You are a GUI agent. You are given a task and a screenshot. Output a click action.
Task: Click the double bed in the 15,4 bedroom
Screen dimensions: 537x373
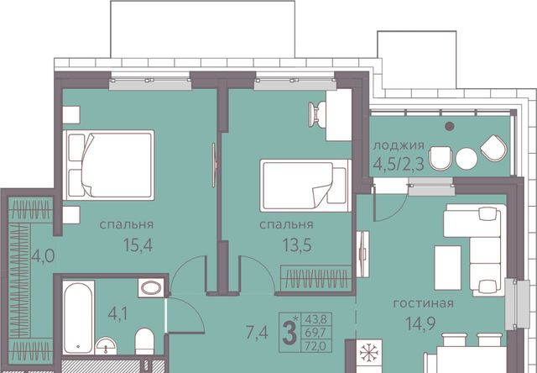(x=108, y=165)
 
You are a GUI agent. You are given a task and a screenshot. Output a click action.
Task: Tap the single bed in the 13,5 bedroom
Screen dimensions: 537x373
(x=305, y=186)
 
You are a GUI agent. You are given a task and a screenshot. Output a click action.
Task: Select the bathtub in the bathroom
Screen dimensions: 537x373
(x=78, y=318)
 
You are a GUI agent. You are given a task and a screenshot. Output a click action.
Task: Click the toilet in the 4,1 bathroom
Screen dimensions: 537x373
(x=144, y=341)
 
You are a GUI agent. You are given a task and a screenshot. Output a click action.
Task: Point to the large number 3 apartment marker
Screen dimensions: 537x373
(x=289, y=334)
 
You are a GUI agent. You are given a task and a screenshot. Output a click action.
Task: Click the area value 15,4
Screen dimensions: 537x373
(x=138, y=245)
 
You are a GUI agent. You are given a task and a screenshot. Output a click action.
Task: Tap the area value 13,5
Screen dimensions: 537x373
(x=297, y=245)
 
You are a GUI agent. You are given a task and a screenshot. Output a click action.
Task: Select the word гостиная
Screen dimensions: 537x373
(x=423, y=303)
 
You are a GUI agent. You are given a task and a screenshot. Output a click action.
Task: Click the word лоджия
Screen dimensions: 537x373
(x=399, y=145)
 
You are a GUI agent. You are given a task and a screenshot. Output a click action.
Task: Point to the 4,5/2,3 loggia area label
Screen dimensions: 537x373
(x=399, y=164)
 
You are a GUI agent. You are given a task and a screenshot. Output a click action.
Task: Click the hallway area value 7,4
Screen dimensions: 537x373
(x=257, y=332)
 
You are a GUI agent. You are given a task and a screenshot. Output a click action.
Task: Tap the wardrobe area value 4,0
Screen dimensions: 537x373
(x=43, y=255)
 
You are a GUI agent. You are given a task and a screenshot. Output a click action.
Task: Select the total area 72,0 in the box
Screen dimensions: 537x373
(x=315, y=346)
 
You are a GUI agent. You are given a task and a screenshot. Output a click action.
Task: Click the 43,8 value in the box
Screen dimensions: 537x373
(x=316, y=319)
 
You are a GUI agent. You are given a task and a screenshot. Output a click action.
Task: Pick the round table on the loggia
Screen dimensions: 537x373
(x=467, y=159)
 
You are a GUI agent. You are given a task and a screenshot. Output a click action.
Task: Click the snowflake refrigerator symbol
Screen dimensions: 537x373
(x=368, y=353)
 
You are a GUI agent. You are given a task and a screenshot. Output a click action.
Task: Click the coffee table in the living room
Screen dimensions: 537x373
(x=447, y=268)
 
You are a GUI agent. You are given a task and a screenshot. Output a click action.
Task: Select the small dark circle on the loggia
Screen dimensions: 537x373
(x=450, y=127)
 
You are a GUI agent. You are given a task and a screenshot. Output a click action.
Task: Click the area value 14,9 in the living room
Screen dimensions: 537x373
(x=420, y=323)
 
